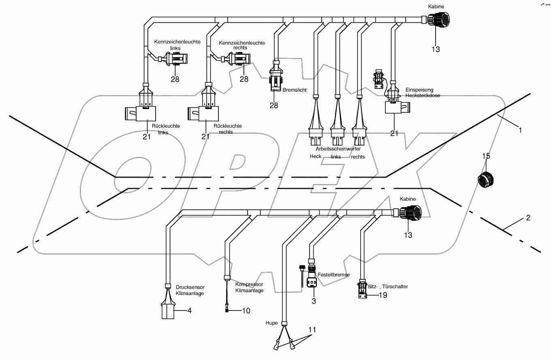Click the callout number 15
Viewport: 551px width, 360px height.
pyautogui.click(x=486, y=156)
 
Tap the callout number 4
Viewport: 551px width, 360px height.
pyautogui.click(x=190, y=311)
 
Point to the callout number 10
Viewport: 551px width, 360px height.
pyautogui.click(x=246, y=311)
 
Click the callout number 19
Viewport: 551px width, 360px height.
pyautogui.click(x=382, y=295)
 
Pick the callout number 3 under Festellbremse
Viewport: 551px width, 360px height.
pyautogui.click(x=314, y=301)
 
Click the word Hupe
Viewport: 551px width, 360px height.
pyautogui.click(x=271, y=323)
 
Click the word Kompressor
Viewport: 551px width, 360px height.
pyautogui.click(x=249, y=285)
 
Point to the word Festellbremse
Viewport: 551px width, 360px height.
pyautogui.click(x=333, y=275)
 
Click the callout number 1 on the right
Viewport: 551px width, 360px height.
pyautogui.click(x=521, y=130)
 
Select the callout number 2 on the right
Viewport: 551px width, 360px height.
pyautogui.click(x=528, y=218)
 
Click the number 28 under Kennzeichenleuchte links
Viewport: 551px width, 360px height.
pyautogui.click(x=175, y=79)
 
